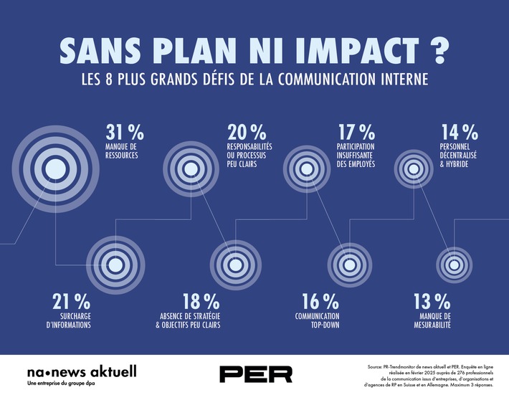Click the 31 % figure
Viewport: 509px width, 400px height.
[125, 133]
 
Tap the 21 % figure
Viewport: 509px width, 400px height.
[71, 300]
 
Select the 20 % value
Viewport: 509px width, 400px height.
[247, 133]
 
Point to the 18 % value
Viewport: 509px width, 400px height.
[201, 300]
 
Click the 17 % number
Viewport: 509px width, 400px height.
[356, 133]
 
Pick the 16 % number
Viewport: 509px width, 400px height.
[320, 300]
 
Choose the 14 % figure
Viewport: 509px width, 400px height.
[459, 133]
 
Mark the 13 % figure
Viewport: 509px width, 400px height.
[432, 300]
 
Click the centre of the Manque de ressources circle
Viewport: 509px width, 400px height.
[54, 168]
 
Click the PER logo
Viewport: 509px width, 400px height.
[256, 373]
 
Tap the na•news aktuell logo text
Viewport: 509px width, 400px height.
[81, 371]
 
